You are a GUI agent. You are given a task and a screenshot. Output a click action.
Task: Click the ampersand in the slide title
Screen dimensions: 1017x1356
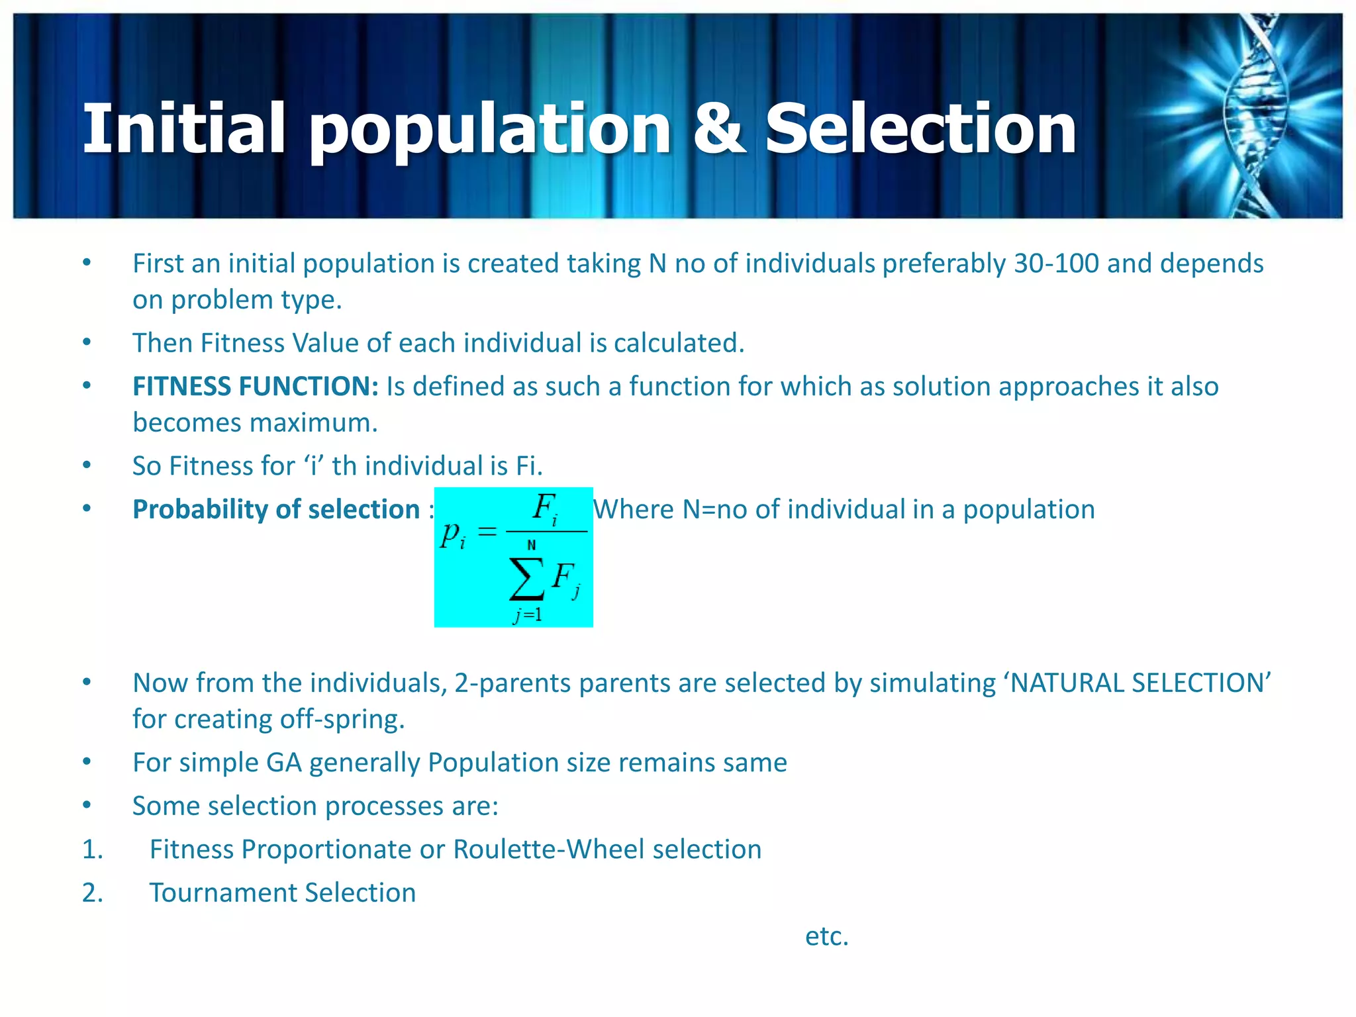(718, 129)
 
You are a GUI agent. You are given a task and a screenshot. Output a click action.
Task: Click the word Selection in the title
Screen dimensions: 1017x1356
(920, 129)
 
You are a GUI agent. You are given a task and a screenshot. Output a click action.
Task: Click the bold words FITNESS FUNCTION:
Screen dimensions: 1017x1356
(256, 386)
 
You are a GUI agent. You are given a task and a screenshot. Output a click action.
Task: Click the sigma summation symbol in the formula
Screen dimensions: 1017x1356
(526, 579)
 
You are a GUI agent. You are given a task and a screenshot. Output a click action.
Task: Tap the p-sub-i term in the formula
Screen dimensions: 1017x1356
(453, 534)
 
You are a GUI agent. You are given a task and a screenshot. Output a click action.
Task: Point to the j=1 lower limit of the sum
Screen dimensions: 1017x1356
(528, 615)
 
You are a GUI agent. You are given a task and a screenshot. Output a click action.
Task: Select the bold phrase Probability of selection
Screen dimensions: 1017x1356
(276, 509)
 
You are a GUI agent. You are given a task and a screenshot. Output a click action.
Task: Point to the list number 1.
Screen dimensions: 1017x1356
(92, 849)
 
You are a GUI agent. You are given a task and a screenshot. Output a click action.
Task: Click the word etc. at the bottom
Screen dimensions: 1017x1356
(826, 936)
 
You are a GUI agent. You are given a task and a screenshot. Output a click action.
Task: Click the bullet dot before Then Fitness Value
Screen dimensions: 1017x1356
(87, 342)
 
